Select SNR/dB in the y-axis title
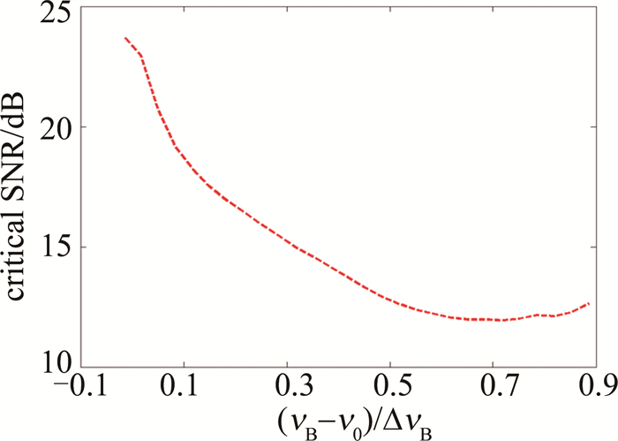click(19, 124)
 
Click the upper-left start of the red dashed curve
click(125, 38)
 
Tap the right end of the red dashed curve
click(588, 303)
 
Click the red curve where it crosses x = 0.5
click(390, 299)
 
